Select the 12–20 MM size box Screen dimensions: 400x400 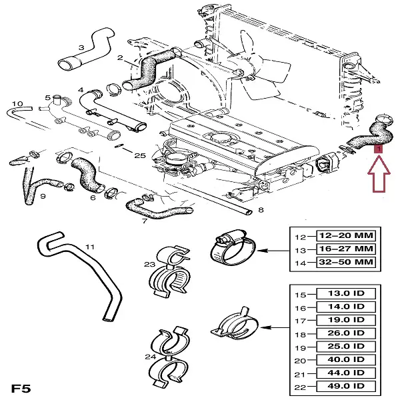(x=345, y=236)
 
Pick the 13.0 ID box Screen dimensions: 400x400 (x=346, y=294)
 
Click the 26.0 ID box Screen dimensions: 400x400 (x=346, y=333)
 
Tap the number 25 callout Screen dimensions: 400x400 (x=139, y=156)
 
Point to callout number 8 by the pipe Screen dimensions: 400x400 (x=260, y=211)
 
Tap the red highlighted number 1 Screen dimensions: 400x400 (x=378, y=151)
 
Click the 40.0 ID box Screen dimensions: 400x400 (x=346, y=359)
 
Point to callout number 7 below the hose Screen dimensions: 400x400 (x=144, y=221)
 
